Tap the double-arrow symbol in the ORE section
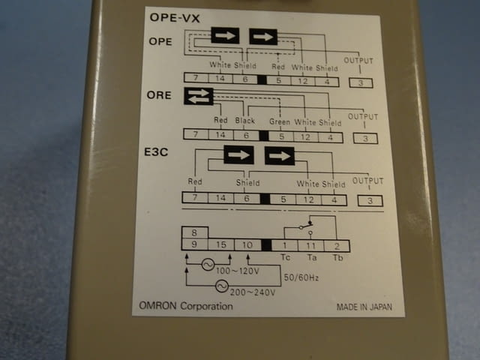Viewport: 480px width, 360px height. click(x=199, y=97)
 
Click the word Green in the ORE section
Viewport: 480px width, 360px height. click(x=280, y=121)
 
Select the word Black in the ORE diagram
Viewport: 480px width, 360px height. click(x=245, y=121)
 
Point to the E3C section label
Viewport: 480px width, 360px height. click(x=154, y=152)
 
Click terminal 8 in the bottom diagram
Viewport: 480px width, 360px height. click(x=194, y=233)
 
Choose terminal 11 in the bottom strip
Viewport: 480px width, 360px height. click(x=311, y=245)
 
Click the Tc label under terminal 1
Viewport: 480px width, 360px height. click(x=285, y=257)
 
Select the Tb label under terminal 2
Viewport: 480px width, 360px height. click(x=337, y=257)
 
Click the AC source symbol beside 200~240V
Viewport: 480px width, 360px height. click(x=222, y=286)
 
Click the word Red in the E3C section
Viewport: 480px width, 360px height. click(x=195, y=181)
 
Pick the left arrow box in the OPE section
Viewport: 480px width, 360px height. click(x=225, y=36)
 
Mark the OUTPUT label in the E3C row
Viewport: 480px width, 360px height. click(x=367, y=181)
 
